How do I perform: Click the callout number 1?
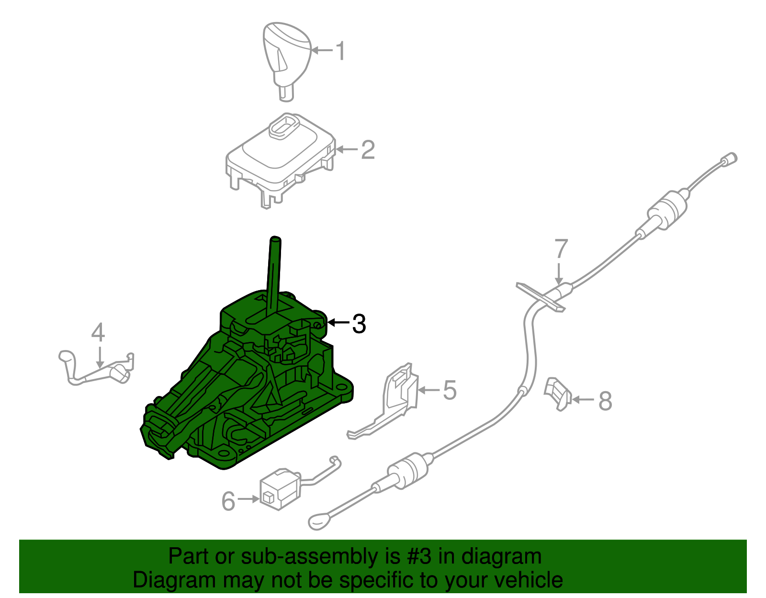pyautogui.click(x=340, y=50)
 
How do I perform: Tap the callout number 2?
pyautogui.click(x=367, y=150)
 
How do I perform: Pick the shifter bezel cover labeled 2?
pyautogui.click(x=281, y=161)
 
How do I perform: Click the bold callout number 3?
pyautogui.click(x=359, y=324)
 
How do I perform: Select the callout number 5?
pyautogui.click(x=449, y=390)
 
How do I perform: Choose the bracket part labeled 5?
pyautogui.click(x=388, y=401)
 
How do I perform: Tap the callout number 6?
pyautogui.click(x=228, y=501)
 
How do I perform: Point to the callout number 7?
pyautogui.click(x=561, y=249)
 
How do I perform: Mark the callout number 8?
pyautogui.click(x=605, y=400)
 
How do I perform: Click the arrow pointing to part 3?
pyautogui.click(x=338, y=322)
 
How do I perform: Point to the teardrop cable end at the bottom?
pyautogui.click(x=319, y=521)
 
